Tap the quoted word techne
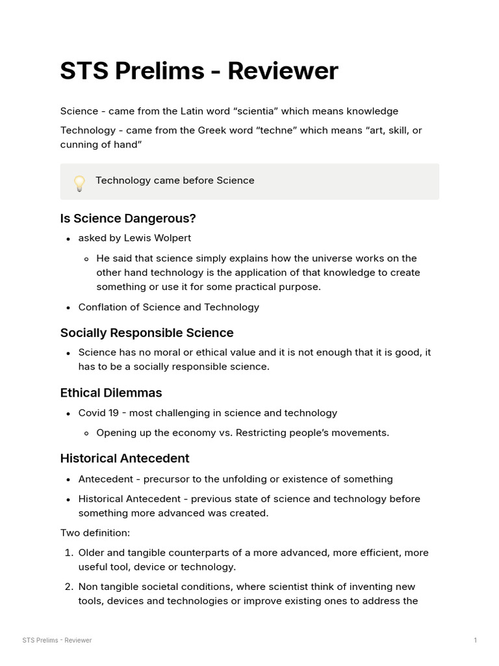click(278, 130)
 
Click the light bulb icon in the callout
click(79, 183)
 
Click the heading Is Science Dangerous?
click(128, 219)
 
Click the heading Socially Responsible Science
click(147, 333)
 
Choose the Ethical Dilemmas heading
click(111, 393)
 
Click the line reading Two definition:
click(95, 533)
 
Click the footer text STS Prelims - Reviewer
click(57, 641)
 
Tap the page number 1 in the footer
click(475, 641)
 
